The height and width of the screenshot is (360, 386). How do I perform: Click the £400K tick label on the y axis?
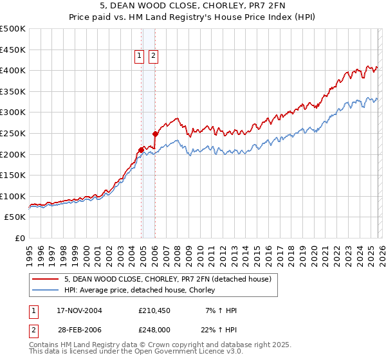[14, 71]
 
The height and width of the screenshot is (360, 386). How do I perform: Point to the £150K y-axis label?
[14, 175]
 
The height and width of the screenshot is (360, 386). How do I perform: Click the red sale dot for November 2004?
[141, 150]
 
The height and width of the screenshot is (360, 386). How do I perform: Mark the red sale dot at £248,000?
[155, 134]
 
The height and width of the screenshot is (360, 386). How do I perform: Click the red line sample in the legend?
[46, 279]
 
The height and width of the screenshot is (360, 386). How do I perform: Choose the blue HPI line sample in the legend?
[46, 290]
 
